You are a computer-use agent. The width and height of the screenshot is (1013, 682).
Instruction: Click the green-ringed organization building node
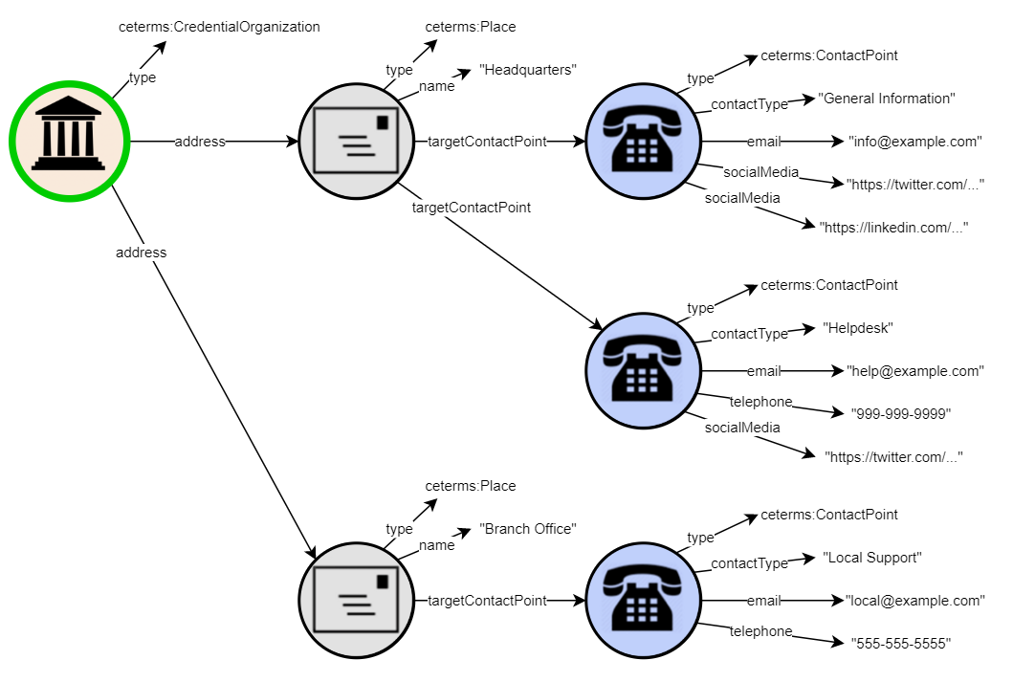69,142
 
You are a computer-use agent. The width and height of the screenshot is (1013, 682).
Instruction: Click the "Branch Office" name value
529,529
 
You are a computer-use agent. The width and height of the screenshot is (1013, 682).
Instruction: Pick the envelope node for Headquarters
356,142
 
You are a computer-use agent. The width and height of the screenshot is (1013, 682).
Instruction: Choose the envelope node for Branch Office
356,601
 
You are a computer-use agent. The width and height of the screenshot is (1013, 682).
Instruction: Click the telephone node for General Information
643,142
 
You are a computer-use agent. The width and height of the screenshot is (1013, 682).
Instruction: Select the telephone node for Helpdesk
643,371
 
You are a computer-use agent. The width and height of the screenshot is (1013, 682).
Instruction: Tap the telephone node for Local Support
643,601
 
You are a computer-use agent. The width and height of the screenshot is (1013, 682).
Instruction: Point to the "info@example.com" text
915,142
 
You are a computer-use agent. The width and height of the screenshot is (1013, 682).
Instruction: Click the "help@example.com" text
915,371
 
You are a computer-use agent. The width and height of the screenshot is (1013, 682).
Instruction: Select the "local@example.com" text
915,601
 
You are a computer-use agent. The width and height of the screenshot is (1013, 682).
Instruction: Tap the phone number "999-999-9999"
901,414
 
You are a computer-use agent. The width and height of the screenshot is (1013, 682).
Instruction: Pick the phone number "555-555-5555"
901,644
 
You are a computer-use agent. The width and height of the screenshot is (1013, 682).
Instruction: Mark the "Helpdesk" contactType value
858,328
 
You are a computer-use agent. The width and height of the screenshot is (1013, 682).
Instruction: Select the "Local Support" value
872,558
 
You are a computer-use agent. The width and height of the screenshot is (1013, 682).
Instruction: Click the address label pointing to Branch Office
141,253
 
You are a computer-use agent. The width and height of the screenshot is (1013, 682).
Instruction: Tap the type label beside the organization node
142,77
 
